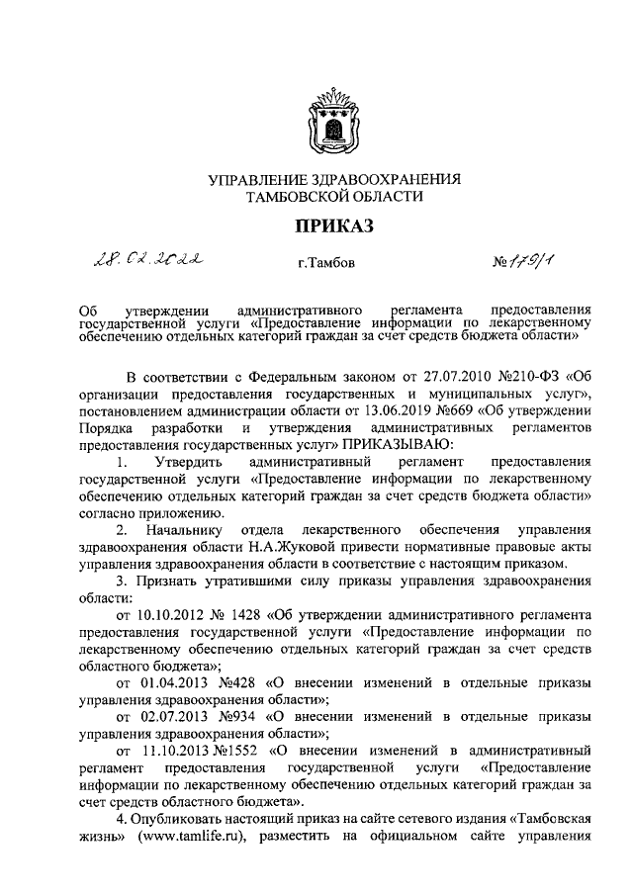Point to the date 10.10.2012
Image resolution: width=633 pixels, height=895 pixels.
click(x=172, y=612)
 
